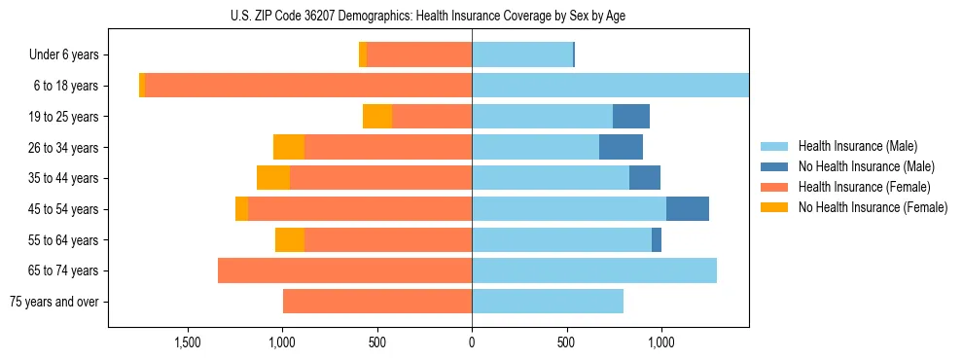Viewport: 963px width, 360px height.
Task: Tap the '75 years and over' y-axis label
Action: click(x=54, y=302)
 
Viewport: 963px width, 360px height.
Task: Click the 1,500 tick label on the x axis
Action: click(x=187, y=342)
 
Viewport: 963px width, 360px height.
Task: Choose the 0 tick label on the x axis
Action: click(x=472, y=342)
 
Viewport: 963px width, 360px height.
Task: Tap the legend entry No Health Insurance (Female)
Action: click(x=873, y=207)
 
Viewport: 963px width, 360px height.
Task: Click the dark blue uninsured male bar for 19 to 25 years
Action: click(x=631, y=117)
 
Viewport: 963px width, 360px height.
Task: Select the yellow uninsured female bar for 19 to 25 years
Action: click(x=377, y=117)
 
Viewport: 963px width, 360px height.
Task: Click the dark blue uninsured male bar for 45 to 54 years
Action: click(x=688, y=209)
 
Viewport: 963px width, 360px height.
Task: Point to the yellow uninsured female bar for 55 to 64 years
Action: click(x=290, y=240)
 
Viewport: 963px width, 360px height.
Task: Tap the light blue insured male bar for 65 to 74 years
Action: click(x=594, y=270)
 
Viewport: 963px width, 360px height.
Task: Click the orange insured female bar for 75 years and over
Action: click(x=377, y=302)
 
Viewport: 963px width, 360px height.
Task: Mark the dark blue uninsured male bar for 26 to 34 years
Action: click(x=621, y=147)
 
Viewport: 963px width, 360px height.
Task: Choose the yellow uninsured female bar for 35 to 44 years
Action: click(x=273, y=178)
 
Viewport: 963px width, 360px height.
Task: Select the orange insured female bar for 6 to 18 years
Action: click(x=308, y=86)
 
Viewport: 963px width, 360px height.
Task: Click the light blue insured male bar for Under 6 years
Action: click(x=522, y=55)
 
